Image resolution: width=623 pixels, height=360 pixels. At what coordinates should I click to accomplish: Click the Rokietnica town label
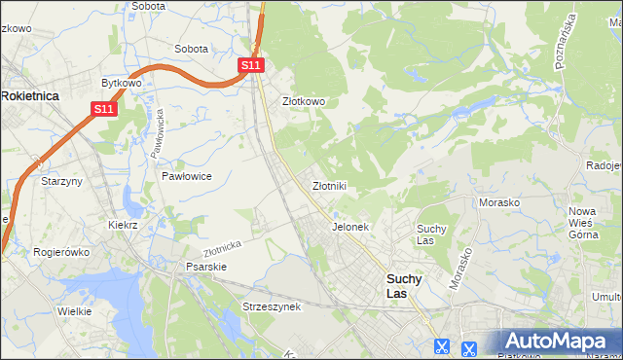(30, 95)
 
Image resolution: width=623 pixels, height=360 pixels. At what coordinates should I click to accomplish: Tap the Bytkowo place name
(122, 83)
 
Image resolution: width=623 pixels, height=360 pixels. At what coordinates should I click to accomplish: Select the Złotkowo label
(303, 100)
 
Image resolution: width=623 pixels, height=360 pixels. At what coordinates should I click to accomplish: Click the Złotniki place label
(329, 185)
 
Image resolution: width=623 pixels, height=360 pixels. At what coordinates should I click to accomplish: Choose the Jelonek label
(349, 227)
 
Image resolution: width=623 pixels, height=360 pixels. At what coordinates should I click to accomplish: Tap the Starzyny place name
(59, 181)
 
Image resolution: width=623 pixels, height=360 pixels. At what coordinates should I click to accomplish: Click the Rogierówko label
(61, 251)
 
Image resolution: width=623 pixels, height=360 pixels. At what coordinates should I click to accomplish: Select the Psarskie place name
(205, 266)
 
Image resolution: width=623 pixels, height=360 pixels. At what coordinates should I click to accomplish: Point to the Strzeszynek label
(273, 306)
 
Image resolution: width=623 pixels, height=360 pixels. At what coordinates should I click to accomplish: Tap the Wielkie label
(74, 311)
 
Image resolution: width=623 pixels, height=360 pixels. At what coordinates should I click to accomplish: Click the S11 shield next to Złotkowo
(251, 64)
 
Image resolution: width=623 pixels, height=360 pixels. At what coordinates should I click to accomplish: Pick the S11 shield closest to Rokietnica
(105, 110)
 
